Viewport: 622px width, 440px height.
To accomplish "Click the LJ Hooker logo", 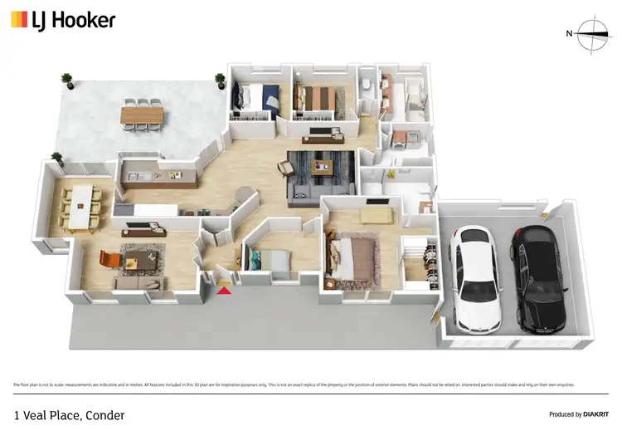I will (63, 20).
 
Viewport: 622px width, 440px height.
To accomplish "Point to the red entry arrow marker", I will (223, 288).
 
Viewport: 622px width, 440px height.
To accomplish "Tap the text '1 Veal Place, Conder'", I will (69, 413).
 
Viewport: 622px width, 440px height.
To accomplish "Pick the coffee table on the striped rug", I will (321, 167).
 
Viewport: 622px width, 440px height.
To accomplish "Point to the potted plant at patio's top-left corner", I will (66, 81).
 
